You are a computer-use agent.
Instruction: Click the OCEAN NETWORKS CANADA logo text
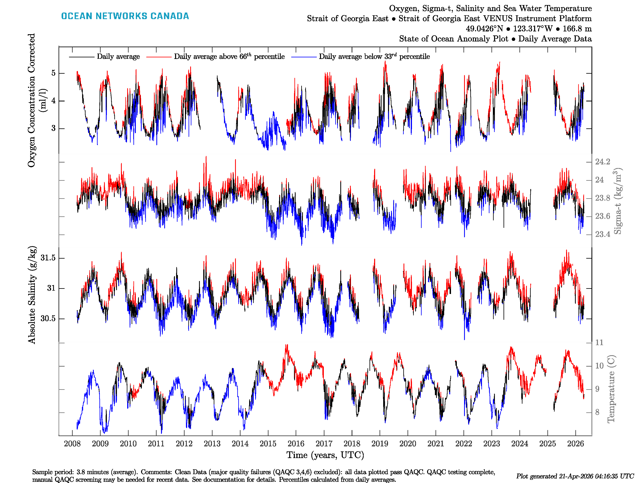[x=125, y=16]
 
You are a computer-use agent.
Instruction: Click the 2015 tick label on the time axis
[x=268, y=444]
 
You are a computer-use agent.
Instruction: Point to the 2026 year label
[x=575, y=444]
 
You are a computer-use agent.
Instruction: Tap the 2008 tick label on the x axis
[x=72, y=444]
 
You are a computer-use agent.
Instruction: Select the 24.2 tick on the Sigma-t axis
[x=602, y=162]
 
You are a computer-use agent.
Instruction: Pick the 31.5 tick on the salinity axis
[x=48, y=258]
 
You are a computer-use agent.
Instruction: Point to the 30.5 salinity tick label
[x=48, y=319]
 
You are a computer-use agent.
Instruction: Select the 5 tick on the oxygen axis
[x=53, y=73]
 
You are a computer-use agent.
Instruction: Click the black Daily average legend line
[x=82, y=57]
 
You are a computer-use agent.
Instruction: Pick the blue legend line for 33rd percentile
[x=304, y=57]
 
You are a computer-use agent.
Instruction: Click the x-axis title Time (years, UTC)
[x=325, y=455]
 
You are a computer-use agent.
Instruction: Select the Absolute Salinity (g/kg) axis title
[x=32, y=295]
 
